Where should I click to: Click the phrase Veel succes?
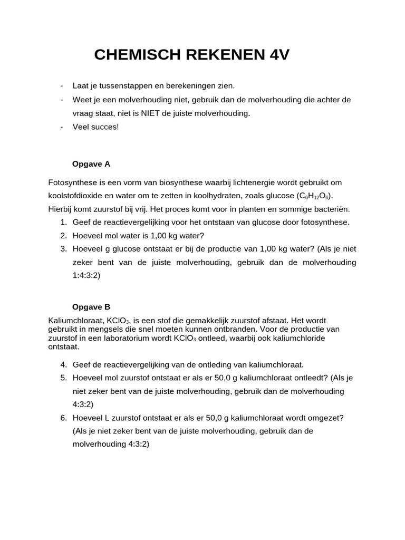(x=96, y=127)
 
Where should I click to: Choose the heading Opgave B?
(x=91, y=307)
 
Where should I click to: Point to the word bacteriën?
(x=332, y=209)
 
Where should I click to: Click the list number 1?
(x=63, y=223)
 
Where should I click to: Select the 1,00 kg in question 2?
(x=166, y=236)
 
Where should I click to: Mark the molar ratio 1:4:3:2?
(x=86, y=275)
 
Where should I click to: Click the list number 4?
(x=63, y=365)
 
